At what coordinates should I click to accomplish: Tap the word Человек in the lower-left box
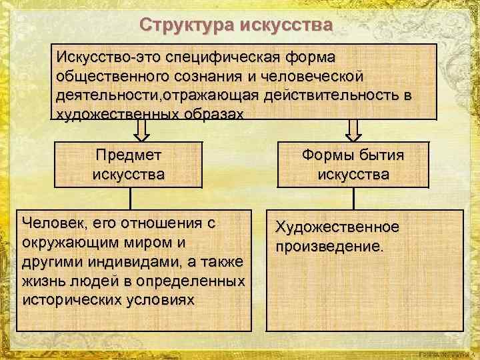53,222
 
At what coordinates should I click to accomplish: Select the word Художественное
338,228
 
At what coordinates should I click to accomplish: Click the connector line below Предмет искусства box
130,198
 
